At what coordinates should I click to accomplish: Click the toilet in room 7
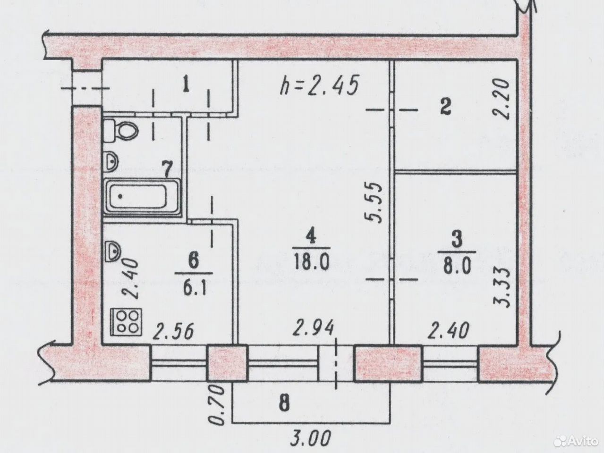120,131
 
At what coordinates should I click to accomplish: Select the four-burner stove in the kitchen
126,322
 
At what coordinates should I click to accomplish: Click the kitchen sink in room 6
113,251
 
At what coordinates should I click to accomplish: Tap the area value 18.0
312,262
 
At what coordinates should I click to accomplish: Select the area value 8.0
457,266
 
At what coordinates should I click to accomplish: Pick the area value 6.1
194,287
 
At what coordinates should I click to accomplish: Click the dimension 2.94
314,328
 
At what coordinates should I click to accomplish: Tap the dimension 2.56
173,331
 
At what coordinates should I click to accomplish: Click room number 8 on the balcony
284,404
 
